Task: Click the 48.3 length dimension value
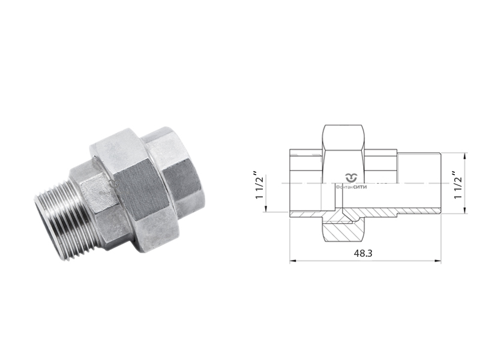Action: pos(363,253)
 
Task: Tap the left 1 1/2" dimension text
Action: pos(259,191)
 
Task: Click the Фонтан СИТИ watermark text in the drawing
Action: pos(352,187)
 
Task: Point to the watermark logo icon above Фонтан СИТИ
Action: pos(352,176)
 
